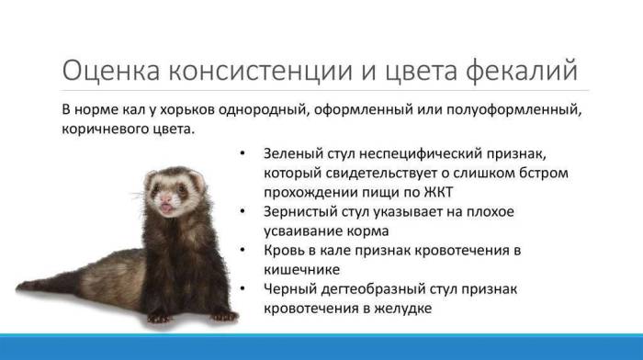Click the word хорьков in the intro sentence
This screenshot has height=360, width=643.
[x=191, y=111]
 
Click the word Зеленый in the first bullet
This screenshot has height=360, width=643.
[x=291, y=153]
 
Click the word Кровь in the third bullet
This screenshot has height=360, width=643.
[x=284, y=250]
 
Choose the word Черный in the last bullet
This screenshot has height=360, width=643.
[x=288, y=289]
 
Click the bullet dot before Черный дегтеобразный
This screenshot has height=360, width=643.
[x=241, y=290]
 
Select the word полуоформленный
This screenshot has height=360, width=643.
[x=515, y=111]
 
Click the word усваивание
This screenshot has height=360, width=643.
[x=306, y=231]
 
